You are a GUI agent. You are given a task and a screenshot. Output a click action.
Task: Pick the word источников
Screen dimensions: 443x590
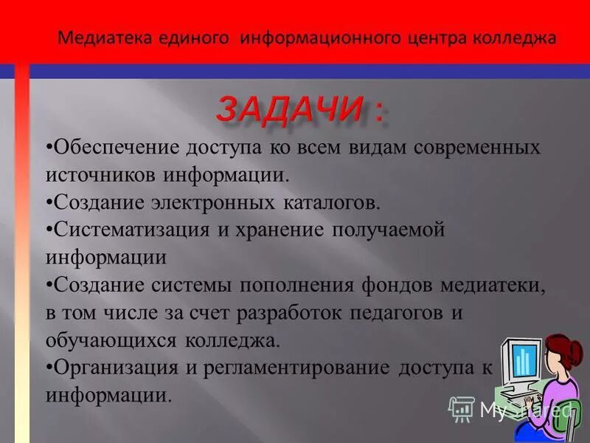[99, 174]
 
